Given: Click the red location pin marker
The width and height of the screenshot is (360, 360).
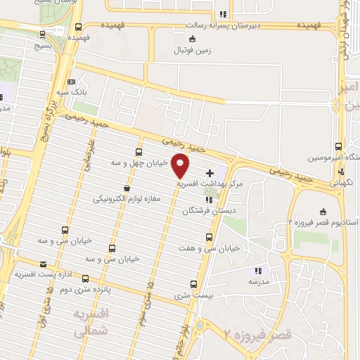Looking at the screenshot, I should [x=181, y=165].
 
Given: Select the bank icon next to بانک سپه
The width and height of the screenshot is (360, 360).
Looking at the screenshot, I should [x=70, y=81].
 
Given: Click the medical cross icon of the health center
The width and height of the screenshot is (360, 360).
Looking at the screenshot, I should [x=209, y=172].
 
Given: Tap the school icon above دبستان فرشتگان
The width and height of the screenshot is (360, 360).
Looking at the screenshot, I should [x=207, y=200].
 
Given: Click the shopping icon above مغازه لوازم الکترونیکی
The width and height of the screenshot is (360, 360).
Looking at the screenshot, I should [x=127, y=188].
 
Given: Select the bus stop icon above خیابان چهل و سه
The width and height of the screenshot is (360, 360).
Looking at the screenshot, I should [x=139, y=151].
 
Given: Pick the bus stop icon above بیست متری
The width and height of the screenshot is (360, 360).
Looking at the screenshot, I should [x=194, y=285].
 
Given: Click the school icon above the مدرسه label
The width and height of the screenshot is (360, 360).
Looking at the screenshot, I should [x=258, y=270].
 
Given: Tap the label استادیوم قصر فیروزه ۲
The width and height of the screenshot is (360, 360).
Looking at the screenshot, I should [x=324, y=223].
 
